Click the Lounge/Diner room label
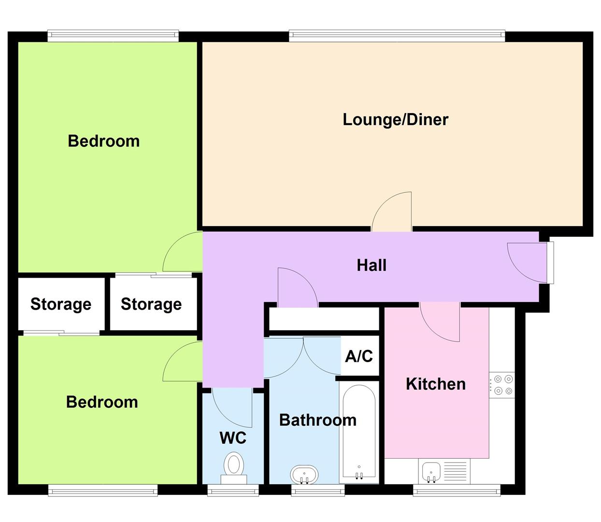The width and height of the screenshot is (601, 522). click(395, 119)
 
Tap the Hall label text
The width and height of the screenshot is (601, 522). click(371, 265)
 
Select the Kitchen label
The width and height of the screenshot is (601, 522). click(435, 384)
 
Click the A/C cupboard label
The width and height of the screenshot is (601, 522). click(359, 356)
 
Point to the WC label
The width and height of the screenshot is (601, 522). click(233, 438)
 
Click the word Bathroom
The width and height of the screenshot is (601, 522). click(317, 420)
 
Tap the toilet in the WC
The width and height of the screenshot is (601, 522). click(234, 467)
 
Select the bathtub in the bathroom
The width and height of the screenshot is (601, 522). click(358, 432)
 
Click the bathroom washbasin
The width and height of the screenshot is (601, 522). click(304, 474)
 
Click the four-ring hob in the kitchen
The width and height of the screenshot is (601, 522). click(503, 385)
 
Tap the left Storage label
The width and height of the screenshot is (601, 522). click(61, 304)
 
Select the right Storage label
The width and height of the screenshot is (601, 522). click(151, 304)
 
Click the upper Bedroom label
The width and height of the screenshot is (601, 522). click(103, 141)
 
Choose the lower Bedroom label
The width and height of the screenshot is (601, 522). click(102, 402)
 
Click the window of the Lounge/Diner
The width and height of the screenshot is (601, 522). click(397, 35)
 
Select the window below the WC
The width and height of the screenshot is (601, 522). click(233, 490)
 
